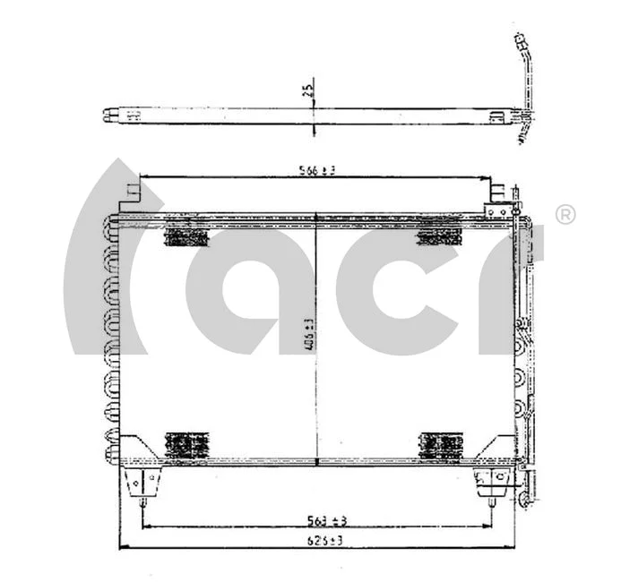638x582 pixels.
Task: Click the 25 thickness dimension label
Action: pyautogui.click(x=307, y=90)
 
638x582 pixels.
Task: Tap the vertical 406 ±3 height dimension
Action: pyautogui.click(x=310, y=337)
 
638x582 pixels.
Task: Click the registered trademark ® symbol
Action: pyautogui.click(x=565, y=215)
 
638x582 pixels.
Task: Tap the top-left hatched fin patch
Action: pyautogui.click(x=186, y=235)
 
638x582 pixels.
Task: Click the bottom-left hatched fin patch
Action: pyautogui.click(x=185, y=444)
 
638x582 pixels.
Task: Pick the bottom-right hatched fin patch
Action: pyautogui.click(x=440, y=444)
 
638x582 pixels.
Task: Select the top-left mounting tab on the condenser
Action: pyautogui.click(x=133, y=193)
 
